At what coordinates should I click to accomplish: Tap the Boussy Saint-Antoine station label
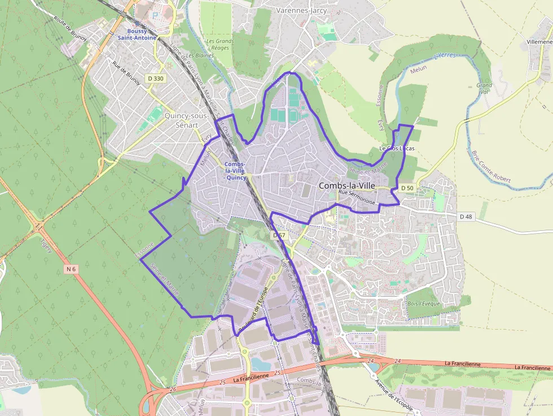(x=137, y=34)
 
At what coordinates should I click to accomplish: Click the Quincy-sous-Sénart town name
(x=186, y=120)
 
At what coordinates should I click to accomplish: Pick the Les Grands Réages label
(x=220, y=45)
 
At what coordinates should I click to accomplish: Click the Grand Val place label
(x=484, y=89)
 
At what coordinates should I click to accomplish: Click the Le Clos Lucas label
(x=397, y=148)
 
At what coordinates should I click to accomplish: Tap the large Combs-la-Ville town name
(x=347, y=185)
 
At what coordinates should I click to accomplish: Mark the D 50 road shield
(x=407, y=187)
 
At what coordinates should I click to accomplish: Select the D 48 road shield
(x=466, y=216)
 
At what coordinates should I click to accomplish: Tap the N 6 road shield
(x=71, y=269)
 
